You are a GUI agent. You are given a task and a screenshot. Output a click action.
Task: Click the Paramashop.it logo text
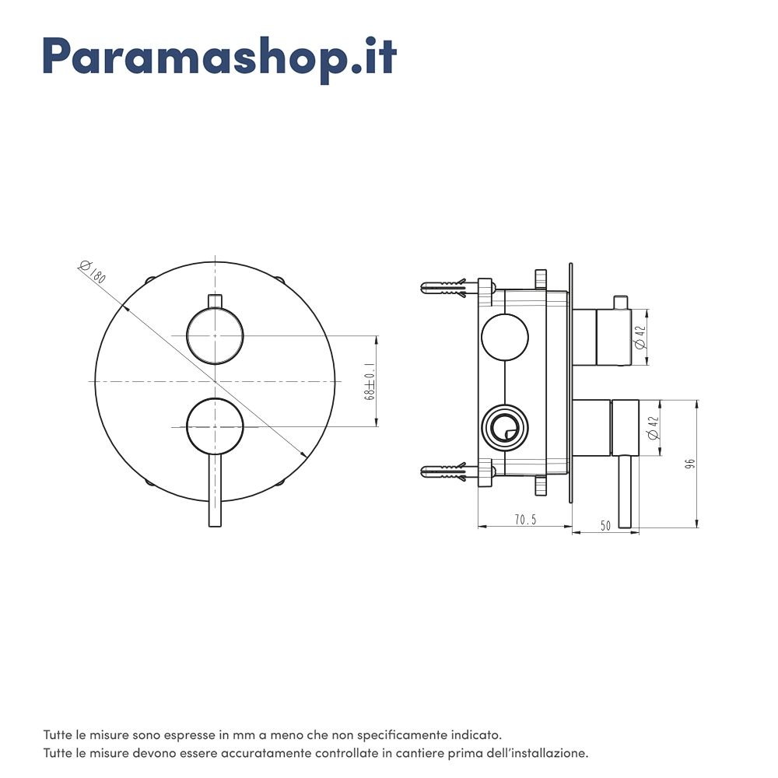pos(220,59)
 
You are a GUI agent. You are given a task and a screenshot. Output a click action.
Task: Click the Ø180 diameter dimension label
pos(93,272)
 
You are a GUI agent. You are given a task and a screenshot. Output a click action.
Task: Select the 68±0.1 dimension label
pos(370,381)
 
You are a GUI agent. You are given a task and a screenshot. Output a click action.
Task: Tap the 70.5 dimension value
pos(525,520)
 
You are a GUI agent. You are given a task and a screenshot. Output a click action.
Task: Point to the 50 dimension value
pos(605,525)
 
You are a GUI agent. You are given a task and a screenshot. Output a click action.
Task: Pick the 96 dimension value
pos(689,464)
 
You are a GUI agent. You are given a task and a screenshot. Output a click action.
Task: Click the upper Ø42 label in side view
pos(640,337)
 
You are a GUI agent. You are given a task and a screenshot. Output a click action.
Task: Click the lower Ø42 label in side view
pos(654,427)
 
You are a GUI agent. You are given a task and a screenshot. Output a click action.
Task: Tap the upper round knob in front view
pos(215,336)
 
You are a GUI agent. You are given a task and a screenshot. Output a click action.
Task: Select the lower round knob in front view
pos(215,426)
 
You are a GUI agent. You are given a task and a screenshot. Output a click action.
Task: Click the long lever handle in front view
pos(215,490)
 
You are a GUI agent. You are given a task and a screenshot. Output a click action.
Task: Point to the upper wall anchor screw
pos(443,288)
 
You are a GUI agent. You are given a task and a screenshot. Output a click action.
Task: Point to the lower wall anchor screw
pos(443,471)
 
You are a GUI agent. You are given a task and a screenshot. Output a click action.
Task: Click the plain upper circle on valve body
pos(505,337)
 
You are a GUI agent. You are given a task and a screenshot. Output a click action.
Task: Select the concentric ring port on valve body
pos(505,427)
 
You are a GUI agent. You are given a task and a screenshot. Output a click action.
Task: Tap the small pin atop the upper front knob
pos(215,301)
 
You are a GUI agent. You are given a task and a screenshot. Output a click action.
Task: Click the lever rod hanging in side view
pos(625,491)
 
